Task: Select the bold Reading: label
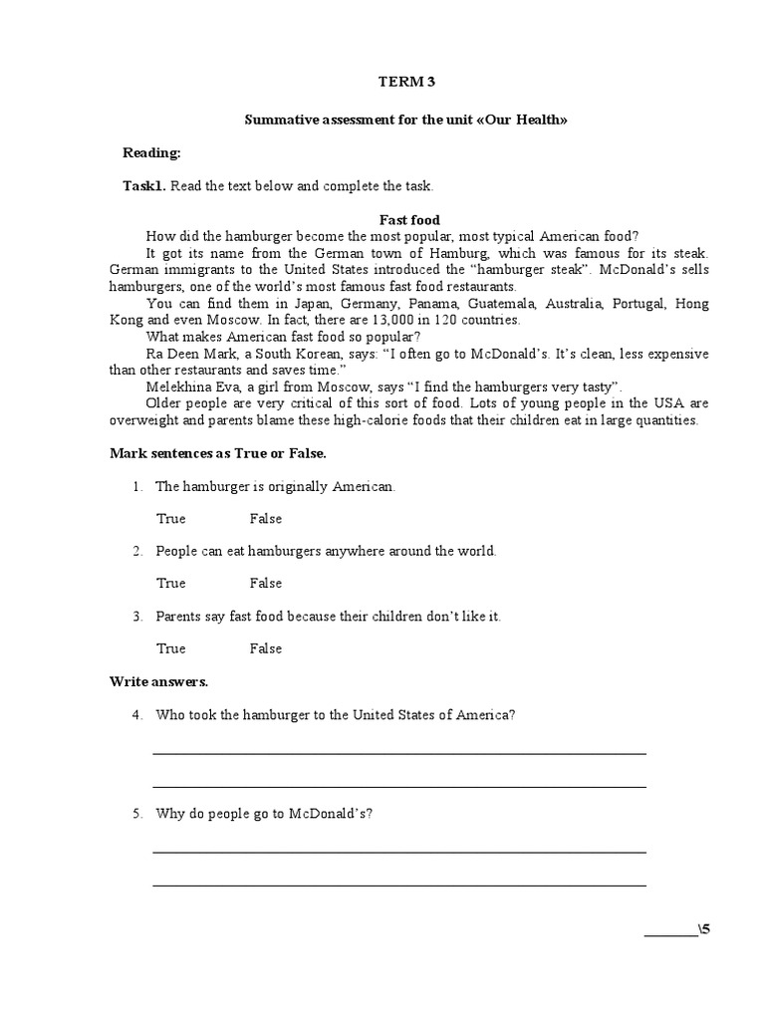tap(151, 152)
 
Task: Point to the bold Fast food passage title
tap(409, 220)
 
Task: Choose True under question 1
tap(171, 519)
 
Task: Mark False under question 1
tap(266, 519)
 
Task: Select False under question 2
tap(266, 584)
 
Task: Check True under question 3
tap(171, 648)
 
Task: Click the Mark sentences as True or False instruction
tap(217, 453)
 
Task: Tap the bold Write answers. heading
tap(158, 682)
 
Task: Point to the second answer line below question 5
tap(398, 885)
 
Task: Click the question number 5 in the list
tap(136, 814)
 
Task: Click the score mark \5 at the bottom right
tap(704, 930)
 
